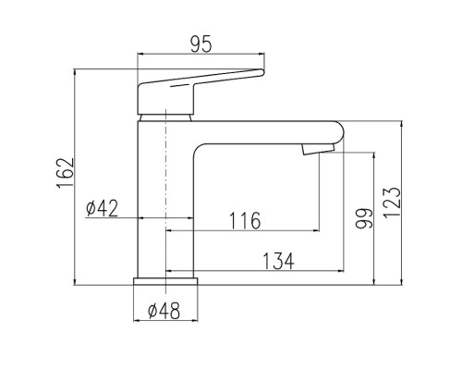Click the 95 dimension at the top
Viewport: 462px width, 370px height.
tap(201, 44)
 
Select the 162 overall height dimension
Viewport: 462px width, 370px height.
tap(66, 174)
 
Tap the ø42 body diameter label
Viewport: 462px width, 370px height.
tap(102, 208)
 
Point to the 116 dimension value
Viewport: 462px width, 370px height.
tap(246, 220)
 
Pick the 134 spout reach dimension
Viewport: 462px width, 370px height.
tap(278, 261)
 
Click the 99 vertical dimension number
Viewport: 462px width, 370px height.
tap(364, 218)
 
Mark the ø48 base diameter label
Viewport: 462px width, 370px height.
tap(164, 311)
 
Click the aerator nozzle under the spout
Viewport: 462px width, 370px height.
tap(318, 149)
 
